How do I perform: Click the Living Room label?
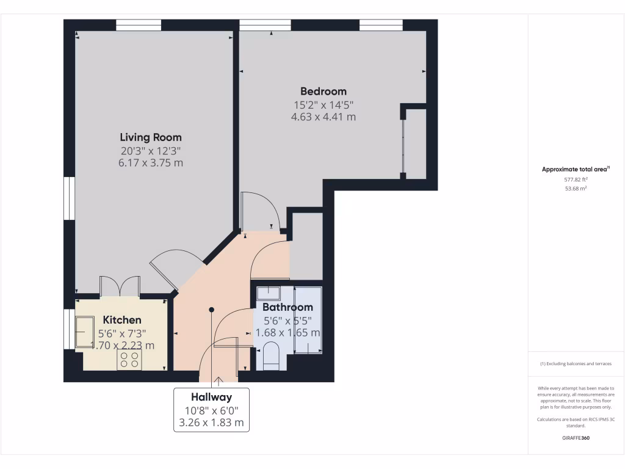click(x=150, y=137)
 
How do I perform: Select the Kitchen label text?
click(x=122, y=320)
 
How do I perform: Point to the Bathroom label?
click(x=287, y=307)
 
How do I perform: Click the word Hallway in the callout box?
click(x=211, y=398)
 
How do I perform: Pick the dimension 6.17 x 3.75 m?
click(x=150, y=163)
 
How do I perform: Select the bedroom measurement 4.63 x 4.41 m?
click(x=323, y=117)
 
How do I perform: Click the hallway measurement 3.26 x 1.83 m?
click(x=211, y=422)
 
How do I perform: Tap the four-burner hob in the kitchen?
click(x=129, y=360)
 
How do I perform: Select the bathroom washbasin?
click(x=269, y=293)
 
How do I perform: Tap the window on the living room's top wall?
click(x=139, y=25)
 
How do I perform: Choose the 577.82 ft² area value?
click(x=576, y=180)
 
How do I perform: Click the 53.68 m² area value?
click(x=576, y=189)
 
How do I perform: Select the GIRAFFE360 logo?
click(x=576, y=438)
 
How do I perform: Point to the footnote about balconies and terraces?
click(x=576, y=364)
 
